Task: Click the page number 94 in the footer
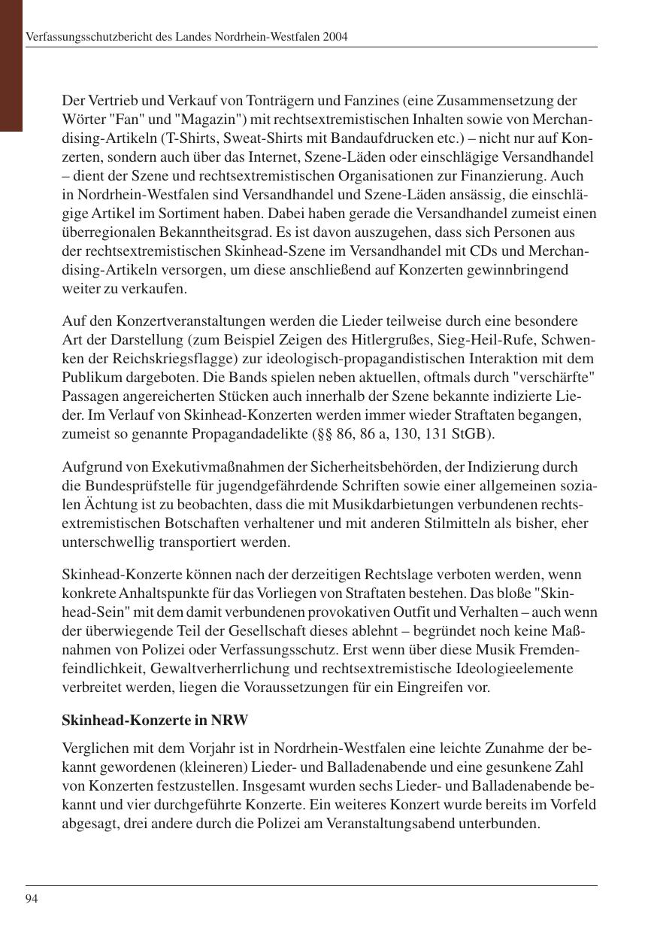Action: (x=32, y=898)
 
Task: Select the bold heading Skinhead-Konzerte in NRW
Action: (x=155, y=720)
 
